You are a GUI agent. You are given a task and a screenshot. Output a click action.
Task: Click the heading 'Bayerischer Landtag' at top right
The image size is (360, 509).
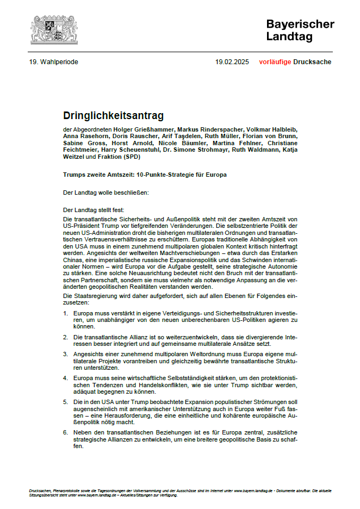[x=300, y=30]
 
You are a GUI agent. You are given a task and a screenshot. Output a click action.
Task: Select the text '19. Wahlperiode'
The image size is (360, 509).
[x=54, y=62]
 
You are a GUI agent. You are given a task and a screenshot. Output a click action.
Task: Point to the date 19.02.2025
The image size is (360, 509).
[x=232, y=62]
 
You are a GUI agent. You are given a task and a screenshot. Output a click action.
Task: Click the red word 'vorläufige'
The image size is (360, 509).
[x=275, y=62]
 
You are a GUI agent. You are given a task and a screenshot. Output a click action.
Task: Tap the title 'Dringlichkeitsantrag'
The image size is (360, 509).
[x=113, y=115]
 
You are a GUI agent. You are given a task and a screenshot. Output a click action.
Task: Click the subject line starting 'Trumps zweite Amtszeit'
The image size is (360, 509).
[x=145, y=175]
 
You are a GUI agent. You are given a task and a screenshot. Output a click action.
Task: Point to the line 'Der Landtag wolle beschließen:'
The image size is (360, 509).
[x=105, y=192]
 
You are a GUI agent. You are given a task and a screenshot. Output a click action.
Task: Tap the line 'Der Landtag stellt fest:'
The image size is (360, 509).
[x=94, y=209]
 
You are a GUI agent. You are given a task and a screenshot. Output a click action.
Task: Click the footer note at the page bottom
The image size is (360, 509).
[x=179, y=492]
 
